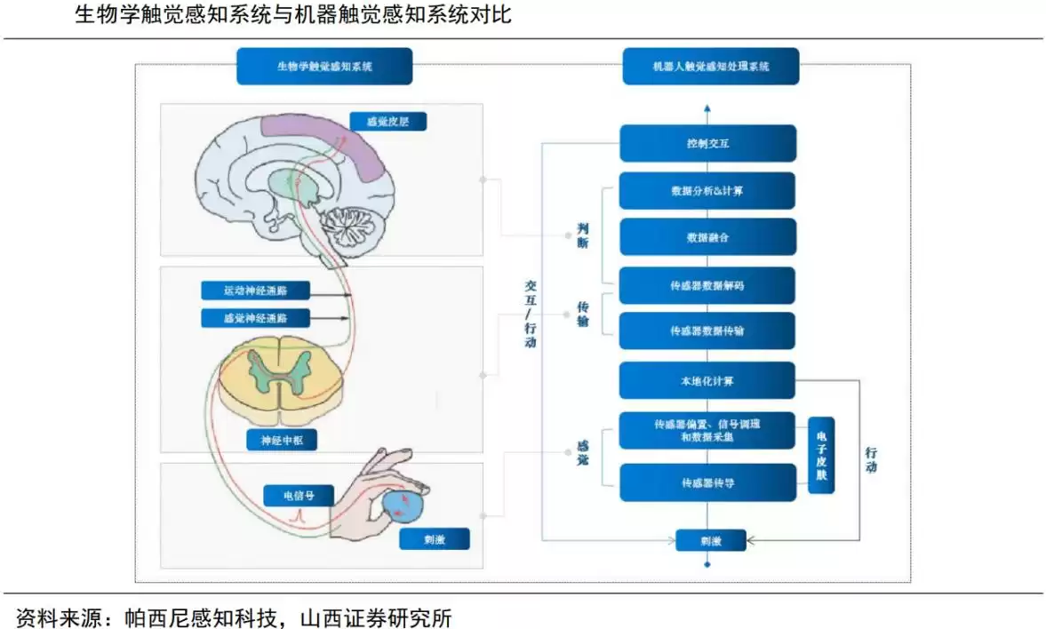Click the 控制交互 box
(x=707, y=143)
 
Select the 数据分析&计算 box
(x=707, y=190)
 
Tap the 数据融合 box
(x=707, y=237)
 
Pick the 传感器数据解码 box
(x=707, y=285)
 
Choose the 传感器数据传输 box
(x=707, y=330)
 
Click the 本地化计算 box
(x=707, y=380)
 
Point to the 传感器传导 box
(x=707, y=482)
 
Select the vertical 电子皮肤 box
(x=821, y=456)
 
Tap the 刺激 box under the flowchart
(x=710, y=540)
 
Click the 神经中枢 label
(x=282, y=440)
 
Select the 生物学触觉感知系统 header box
(x=324, y=67)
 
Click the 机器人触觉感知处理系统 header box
(x=710, y=67)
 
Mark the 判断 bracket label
(x=583, y=235)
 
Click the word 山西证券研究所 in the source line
(x=377, y=615)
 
